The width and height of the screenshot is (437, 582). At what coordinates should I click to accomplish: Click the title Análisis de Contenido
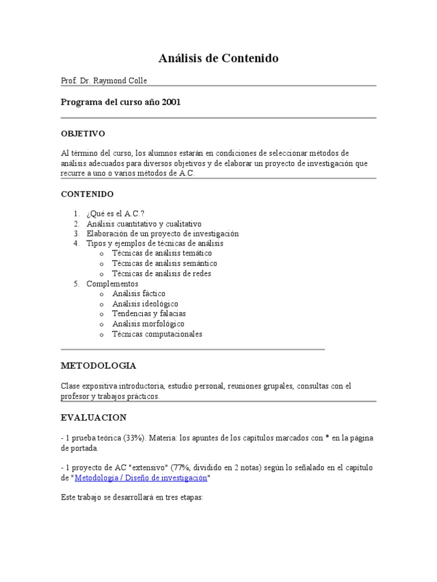tap(218, 59)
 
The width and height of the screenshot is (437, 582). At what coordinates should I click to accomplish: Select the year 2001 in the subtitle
tap(171, 102)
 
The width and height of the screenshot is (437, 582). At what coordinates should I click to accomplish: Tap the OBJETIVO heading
tap(83, 134)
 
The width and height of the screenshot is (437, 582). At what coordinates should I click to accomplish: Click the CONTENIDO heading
tap(88, 194)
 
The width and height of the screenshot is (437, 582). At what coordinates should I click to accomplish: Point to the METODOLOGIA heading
tap(98, 365)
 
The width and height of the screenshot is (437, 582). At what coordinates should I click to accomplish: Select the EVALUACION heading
tap(94, 418)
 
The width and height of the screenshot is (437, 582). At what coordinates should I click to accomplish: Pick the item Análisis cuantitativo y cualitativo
tap(144, 224)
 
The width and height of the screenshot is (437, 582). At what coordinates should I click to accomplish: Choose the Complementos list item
tap(112, 284)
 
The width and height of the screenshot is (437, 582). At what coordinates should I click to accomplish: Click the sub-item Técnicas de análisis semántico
tap(164, 264)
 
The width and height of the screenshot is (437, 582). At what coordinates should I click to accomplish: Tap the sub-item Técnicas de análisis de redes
tap(162, 273)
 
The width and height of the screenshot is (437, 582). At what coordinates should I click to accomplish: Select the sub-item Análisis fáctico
tap(139, 294)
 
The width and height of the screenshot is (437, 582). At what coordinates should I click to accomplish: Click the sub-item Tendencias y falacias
tap(149, 314)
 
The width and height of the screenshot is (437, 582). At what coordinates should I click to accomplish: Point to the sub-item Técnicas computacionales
tap(157, 334)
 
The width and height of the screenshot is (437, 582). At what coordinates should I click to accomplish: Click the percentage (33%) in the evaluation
tap(117, 438)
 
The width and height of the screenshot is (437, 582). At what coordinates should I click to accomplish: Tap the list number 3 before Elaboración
tap(75, 234)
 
